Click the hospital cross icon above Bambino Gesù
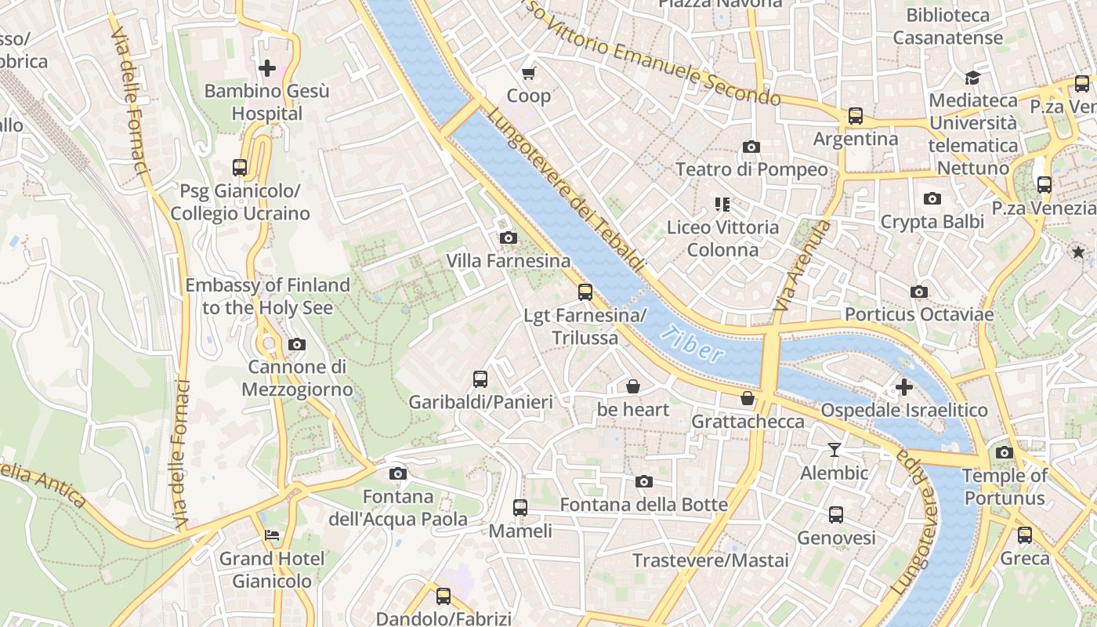267,68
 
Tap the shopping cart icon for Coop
529,73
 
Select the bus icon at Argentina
855,116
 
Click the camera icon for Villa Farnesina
508,237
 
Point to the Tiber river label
691,345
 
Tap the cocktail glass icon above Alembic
834,450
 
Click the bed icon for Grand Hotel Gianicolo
271,535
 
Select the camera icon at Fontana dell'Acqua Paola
398,473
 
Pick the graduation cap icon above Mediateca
972,78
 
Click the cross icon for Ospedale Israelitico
904,387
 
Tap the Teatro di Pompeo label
751,169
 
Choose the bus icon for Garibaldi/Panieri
480,379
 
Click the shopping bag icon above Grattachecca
748,398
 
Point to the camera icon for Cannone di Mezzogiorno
297,344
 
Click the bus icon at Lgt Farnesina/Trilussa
585,292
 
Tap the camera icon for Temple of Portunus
1004,452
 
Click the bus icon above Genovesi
836,515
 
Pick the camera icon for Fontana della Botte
643,481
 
